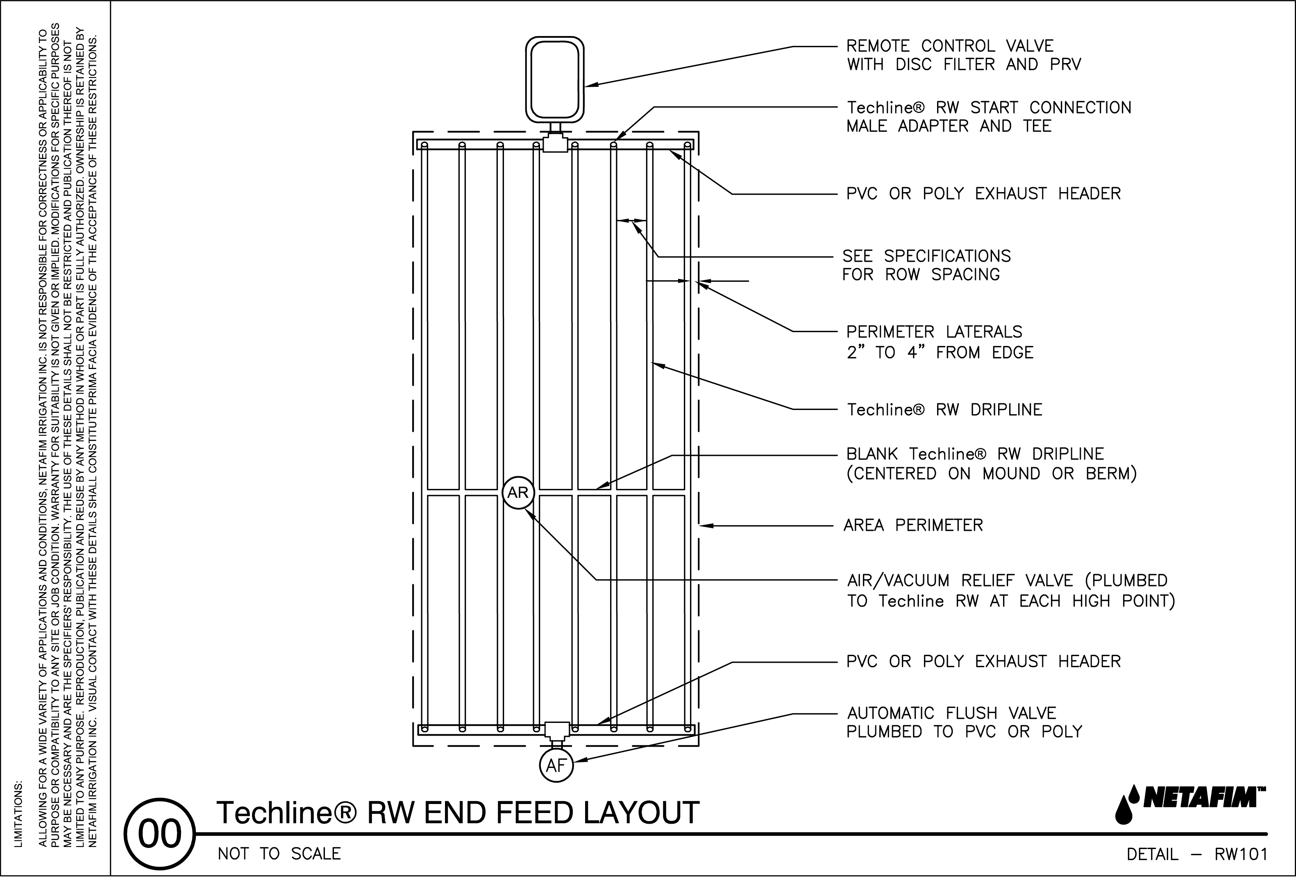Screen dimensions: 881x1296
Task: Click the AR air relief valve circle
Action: point(518,492)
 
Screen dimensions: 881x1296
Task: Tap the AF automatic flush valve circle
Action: point(556,765)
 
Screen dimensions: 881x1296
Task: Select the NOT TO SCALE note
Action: point(279,854)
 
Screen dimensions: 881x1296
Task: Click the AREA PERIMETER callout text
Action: point(913,525)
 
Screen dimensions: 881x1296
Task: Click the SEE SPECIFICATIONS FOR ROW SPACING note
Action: point(926,265)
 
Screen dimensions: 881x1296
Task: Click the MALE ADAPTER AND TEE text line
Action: point(949,126)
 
